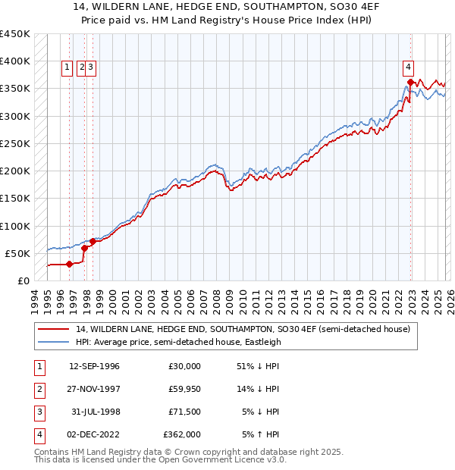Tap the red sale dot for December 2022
coord(410,82)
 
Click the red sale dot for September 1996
coord(69,264)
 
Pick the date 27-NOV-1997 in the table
coord(94,390)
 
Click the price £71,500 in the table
coord(184,412)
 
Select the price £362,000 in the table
coord(182,434)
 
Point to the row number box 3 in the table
coord(37,412)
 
